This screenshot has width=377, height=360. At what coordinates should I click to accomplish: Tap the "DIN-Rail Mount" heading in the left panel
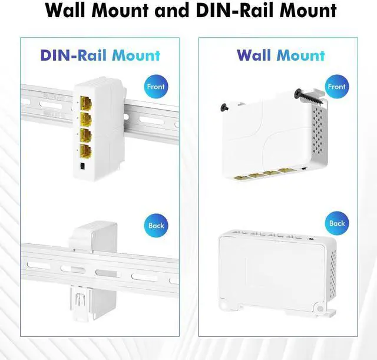pos(100,55)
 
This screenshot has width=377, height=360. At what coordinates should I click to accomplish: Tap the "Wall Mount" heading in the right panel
pos(280,55)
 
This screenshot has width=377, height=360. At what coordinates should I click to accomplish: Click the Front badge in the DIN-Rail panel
pos(156,86)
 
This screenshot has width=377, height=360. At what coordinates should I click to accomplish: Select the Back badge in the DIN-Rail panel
pos(156,225)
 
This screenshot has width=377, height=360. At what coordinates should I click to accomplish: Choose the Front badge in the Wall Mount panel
pos(336,86)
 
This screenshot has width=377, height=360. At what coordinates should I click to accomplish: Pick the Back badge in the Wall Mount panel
pos(336,223)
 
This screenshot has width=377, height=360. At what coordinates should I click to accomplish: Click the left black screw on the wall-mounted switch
pos(224,107)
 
